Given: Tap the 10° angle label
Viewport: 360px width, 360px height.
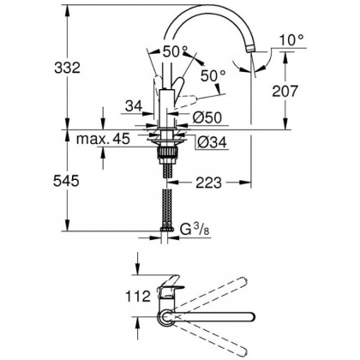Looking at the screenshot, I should pos(296,40).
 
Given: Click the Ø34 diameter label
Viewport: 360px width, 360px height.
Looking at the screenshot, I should pos(207,142).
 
